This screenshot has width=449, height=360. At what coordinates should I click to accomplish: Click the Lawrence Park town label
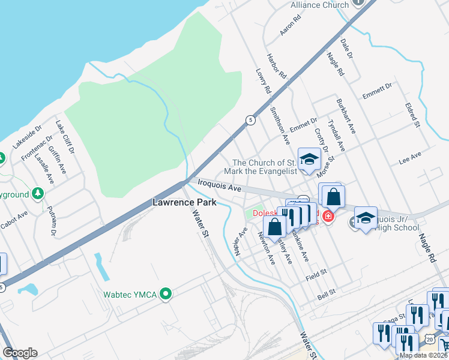pyautogui.click(x=184, y=203)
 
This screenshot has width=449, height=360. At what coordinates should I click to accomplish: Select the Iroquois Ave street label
pyautogui.click(x=215, y=187)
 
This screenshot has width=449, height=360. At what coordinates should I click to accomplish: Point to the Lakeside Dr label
pyautogui.click(x=27, y=137)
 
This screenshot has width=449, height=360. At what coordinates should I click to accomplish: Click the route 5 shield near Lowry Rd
pyautogui.click(x=249, y=119)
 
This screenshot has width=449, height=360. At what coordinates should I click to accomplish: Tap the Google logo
pyautogui.click(x=20, y=353)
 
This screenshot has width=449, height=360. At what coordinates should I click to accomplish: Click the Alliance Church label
pyautogui.click(x=319, y=5)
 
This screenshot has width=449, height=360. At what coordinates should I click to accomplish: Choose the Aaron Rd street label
pyautogui.click(x=290, y=25)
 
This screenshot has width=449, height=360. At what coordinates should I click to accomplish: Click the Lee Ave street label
pyautogui.click(x=410, y=158)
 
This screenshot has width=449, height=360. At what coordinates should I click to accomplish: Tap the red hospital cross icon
pyautogui.click(x=328, y=216)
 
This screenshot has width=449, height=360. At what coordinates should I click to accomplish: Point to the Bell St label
pyautogui.click(x=325, y=296)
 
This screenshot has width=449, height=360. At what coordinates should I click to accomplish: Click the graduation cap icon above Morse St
pyautogui.click(x=309, y=159)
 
